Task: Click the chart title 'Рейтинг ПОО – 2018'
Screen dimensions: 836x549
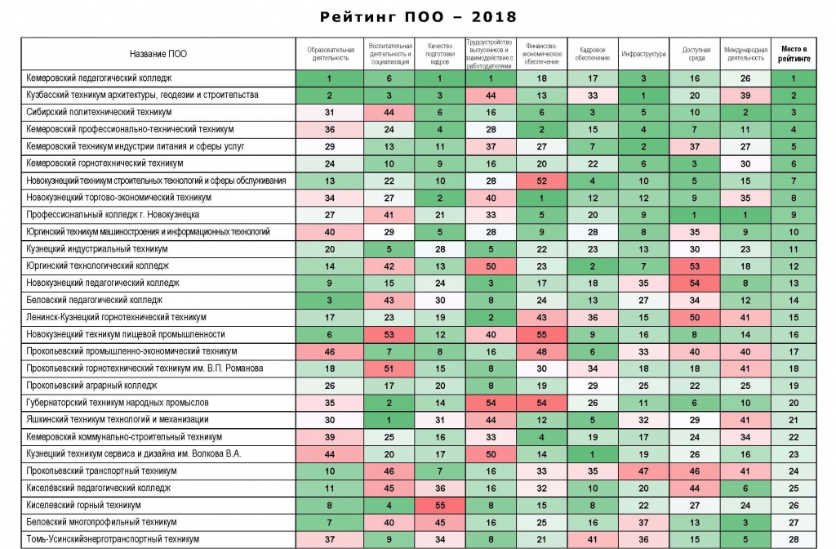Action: click(418, 17)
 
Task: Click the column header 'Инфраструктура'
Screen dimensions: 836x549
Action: click(643, 54)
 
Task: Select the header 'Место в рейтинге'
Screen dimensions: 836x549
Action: click(794, 54)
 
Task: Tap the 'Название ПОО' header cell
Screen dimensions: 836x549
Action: click(158, 54)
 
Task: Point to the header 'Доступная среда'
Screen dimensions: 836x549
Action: click(696, 54)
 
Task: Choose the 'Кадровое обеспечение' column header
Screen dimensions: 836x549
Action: click(593, 54)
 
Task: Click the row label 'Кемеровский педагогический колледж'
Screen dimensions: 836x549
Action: click(99, 78)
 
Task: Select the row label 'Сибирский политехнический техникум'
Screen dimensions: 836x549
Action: click(99, 112)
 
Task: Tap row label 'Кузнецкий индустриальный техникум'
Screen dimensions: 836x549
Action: click(97, 248)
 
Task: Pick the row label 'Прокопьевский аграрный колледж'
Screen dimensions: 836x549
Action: click(91, 386)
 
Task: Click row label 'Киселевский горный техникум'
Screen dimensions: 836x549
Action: click(84, 505)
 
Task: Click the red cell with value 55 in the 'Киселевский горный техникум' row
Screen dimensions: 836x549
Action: click(440, 505)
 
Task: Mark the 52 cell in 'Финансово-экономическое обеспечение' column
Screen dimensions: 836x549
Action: click(542, 181)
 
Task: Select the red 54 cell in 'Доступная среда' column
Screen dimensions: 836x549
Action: click(694, 283)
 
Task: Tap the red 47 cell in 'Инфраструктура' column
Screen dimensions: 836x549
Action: click(643, 471)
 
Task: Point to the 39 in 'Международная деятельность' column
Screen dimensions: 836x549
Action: click(745, 96)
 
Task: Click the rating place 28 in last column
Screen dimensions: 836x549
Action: click(794, 539)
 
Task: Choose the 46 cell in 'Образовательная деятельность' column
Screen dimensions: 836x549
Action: click(330, 351)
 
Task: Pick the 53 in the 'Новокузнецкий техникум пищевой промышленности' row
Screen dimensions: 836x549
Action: click(389, 334)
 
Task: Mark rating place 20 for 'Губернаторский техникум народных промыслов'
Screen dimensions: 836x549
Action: click(794, 403)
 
